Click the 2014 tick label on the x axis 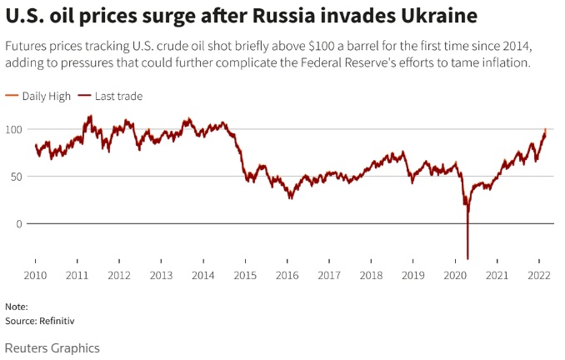(x=203, y=275)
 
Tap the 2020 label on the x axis (x=455, y=275)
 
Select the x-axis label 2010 (x=35, y=275)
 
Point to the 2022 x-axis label (x=539, y=275)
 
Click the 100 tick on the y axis (x=13, y=129)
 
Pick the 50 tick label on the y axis (x=16, y=176)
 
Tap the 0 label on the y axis (x=18, y=223)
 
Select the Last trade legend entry (x=118, y=97)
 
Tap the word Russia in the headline (x=278, y=15)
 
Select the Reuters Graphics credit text (x=52, y=347)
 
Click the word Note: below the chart (x=16, y=307)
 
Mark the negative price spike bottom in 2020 (x=467, y=258)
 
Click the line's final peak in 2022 (x=545, y=129)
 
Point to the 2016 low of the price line (x=291, y=197)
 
